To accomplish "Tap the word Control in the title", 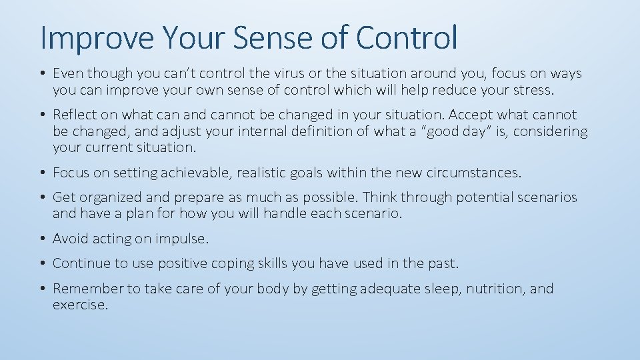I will coord(407,38).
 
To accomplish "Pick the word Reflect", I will coord(75,115).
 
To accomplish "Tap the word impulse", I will coord(181,239).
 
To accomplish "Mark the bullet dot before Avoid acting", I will coord(43,239).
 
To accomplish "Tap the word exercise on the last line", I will coord(79,305).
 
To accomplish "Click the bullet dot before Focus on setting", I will coord(43,173).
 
